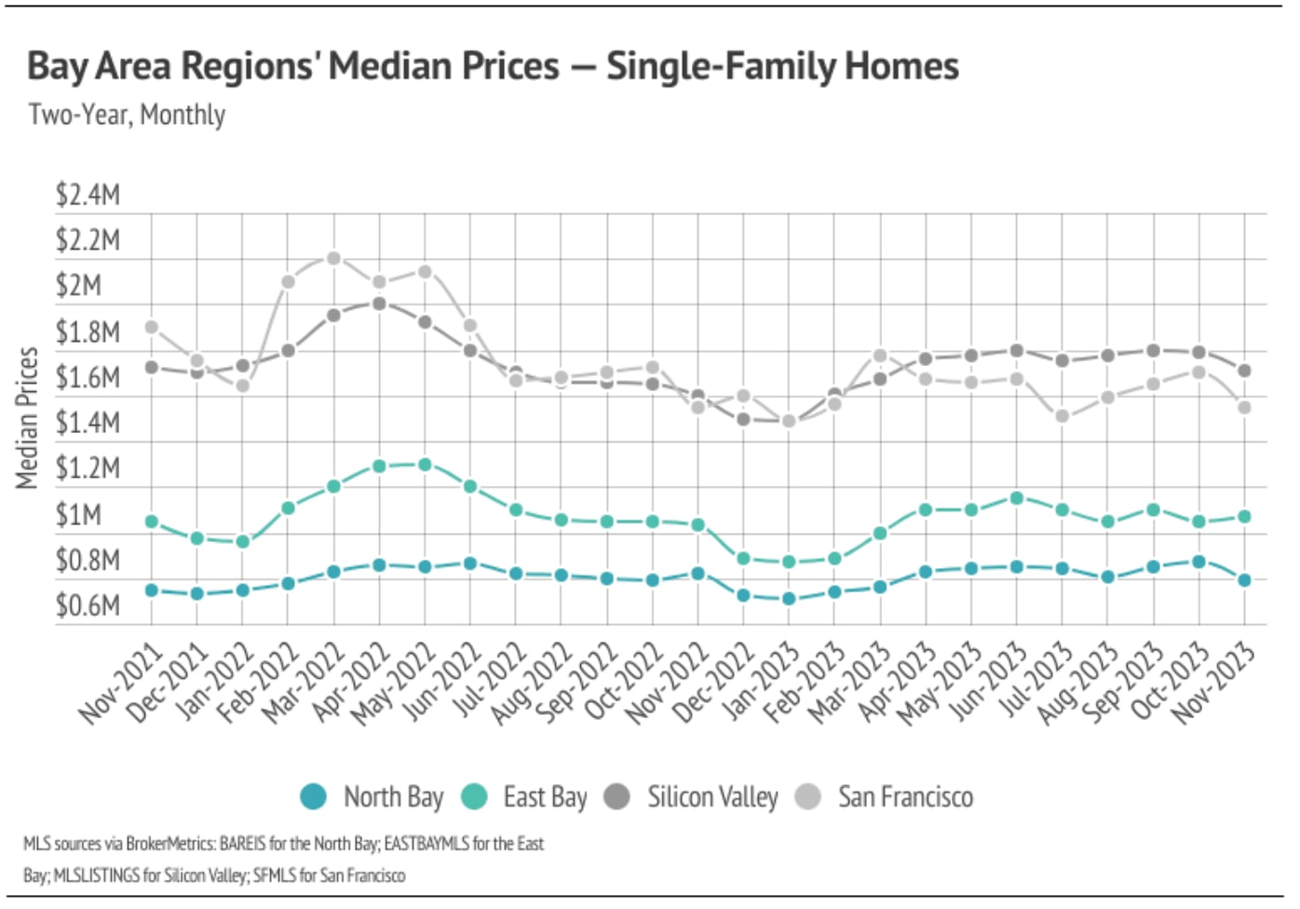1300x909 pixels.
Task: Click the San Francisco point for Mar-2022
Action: (333, 258)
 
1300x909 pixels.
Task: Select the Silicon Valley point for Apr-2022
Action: (379, 304)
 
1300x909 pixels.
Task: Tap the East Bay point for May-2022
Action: (425, 464)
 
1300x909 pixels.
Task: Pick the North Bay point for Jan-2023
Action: (789, 599)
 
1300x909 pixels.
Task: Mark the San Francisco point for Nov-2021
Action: (152, 327)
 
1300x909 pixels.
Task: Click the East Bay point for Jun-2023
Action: (1017, 498)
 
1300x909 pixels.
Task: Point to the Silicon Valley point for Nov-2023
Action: (1244, 371)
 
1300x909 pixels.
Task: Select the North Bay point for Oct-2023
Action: (1198, 562)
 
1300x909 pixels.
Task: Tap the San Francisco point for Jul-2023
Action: (1063, 416)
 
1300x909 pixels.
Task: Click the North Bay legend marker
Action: (314, 797)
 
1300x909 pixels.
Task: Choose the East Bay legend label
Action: (545, 797)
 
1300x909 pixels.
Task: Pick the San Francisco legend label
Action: (905, 797)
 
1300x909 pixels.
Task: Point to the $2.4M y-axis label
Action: (88, 195)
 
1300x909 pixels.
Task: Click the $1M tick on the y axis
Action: (78, 514)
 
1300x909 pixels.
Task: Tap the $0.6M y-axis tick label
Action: (88, 605)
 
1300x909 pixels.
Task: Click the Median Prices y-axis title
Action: (27, 418)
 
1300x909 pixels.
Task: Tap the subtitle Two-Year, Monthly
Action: (127, 115)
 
